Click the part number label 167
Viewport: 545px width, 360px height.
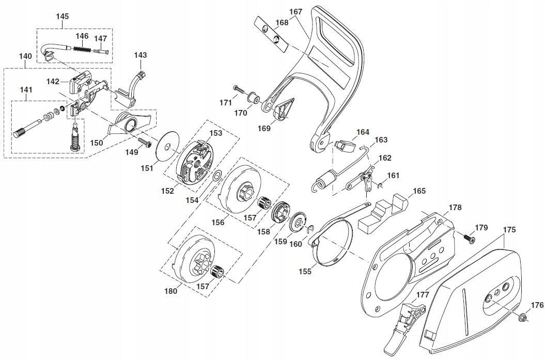(x=296, y=11)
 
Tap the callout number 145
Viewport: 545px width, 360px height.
(x=63, y=16)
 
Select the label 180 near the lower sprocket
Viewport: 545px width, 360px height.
(x=171, y=291)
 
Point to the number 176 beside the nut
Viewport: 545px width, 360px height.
(x=537, y=305)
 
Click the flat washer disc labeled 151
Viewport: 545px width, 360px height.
(x=167, y=147)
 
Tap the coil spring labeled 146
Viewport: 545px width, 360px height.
(x=83, y=49)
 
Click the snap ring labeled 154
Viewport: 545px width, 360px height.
(x=217, y=176)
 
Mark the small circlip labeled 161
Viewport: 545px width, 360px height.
(x=381, y=184)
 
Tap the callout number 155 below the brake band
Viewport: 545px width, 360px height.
(x=305, y=271)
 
